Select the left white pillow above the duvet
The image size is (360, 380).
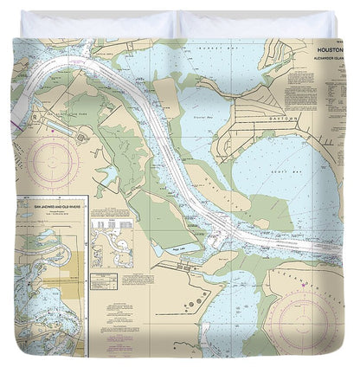[95, 23]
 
